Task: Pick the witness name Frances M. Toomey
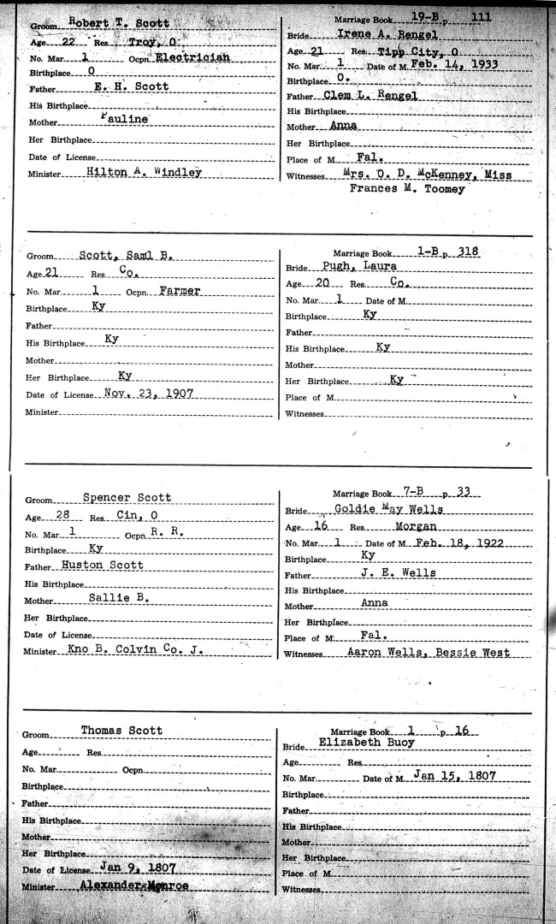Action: pos(407,189)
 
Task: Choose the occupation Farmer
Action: pos(180,291)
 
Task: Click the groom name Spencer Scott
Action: pos(127,498)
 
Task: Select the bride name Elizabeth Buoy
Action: pos(365,743)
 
